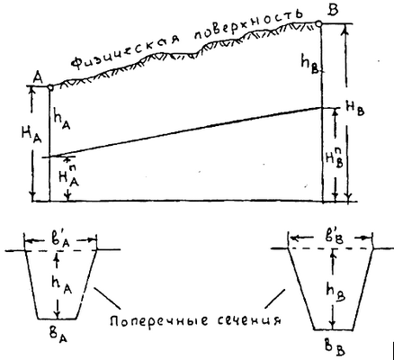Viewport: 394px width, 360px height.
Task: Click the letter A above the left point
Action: pyautogui.click(x=39, y=78)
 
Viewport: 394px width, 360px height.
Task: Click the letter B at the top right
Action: pyautogui.click(x=333, y=10)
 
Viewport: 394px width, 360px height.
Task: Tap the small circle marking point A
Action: pyautogui.click(x=50, y=87)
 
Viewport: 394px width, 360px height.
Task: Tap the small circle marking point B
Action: pyautogui.click(x=318, y=23)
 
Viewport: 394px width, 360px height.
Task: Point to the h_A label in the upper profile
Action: pyautogui.click(x=62, y=119)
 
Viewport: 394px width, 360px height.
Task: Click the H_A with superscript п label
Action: pyautogui.click(x=68, y=175)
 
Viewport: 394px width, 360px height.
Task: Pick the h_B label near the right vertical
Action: pyautogui.click(x=312, y=63)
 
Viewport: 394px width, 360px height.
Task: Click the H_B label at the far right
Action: pyautogui.click(x=355, y=110)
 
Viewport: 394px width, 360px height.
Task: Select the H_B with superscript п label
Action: pyautogui.click(x=335, y=158)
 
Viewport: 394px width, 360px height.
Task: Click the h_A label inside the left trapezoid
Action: pyautogui.click(x=62, y=285)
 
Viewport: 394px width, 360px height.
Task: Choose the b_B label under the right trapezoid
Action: pyautogui.click(x=336, y=346)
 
